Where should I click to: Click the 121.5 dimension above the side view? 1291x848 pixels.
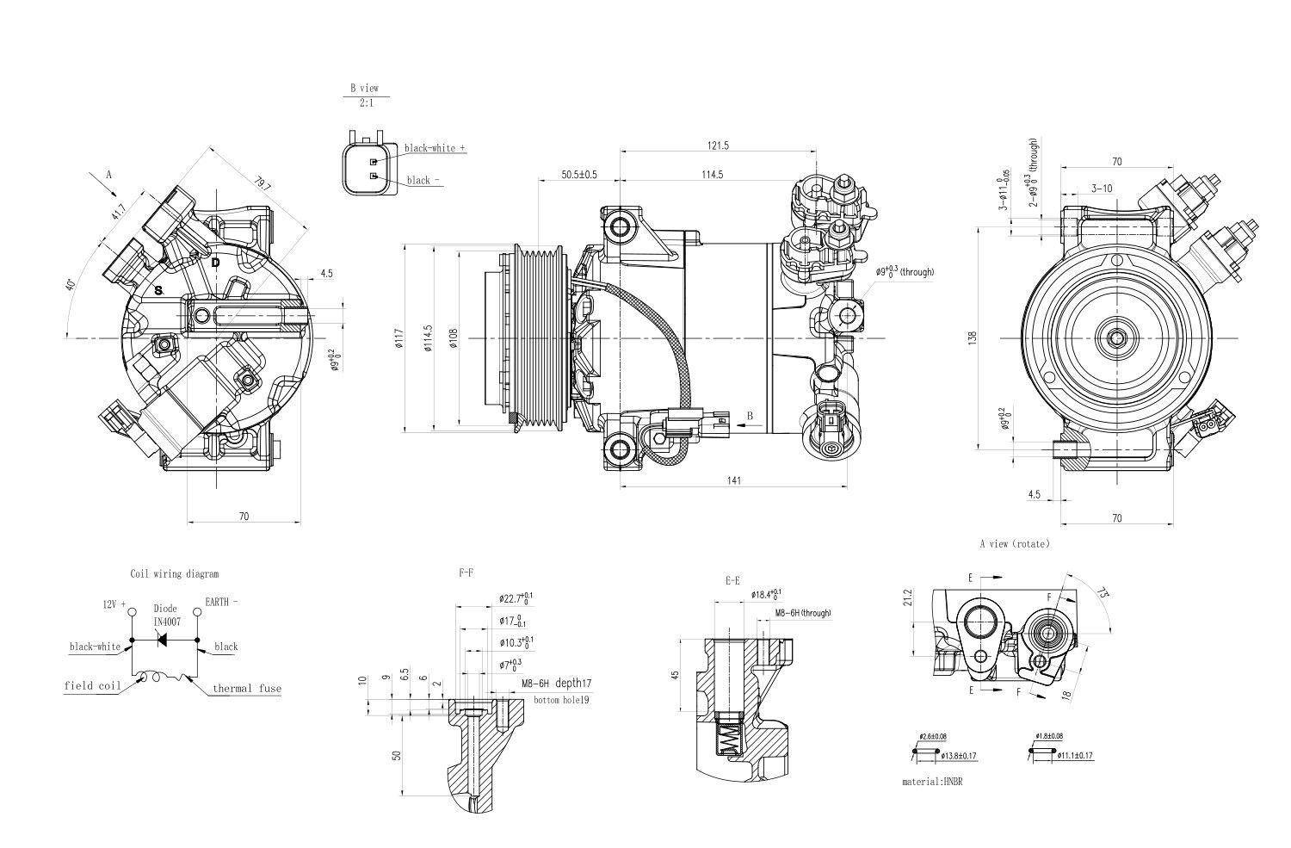[x=718, y=145]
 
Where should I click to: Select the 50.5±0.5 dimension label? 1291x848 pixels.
[x=579, y=175]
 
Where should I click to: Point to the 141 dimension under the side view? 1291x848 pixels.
[x=733, y=480]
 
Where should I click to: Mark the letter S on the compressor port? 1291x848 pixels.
[x=158, y=291]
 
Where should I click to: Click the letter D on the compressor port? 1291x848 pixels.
[x=216, y=262]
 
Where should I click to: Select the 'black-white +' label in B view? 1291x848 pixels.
[x=435, y=148]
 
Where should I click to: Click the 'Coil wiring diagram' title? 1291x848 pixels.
[x=175, y=573]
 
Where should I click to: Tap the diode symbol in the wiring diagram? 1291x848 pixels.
[x=162, y=641]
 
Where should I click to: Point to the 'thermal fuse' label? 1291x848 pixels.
[x=247, y=689]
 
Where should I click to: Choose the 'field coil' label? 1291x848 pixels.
[x=92, y=686]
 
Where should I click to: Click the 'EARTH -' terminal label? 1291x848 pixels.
[x=221, y=603]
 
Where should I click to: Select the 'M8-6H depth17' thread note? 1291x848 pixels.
[x=556, y=683]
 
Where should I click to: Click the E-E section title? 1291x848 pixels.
[x=733, y=581]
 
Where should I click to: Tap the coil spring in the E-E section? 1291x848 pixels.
[x=729, y=739]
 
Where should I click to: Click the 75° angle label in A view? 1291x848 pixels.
[x=1102, y=593]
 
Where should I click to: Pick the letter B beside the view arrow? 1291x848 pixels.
[x=750, y=416]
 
